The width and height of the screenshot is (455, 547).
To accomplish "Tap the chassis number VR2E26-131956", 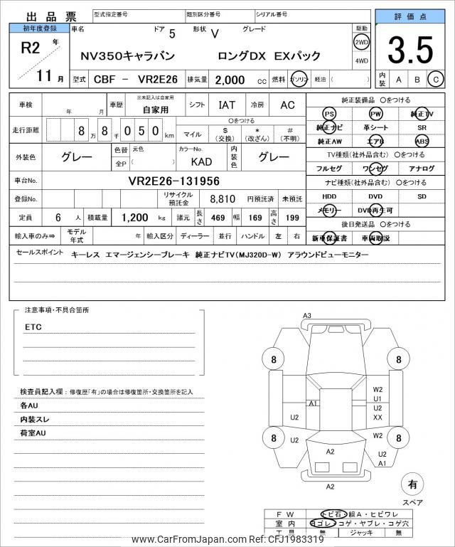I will click(x=173, y=181).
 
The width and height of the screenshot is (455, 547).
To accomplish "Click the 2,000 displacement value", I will click(x=232, y=80).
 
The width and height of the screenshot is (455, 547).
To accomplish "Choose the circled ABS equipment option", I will click(x=422, y=141).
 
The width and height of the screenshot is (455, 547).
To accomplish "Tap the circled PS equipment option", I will click(x=328, y=114).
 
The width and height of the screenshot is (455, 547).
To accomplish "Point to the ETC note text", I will click(x=33, y=327).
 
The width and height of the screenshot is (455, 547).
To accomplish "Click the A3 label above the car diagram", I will click(x=307, y=316).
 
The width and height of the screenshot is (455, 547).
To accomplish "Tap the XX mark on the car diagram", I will click(x=378, y=418).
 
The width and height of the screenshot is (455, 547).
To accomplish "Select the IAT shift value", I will click(x=227, y=105).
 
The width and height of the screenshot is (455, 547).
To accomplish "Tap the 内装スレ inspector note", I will click(x=33, y=419).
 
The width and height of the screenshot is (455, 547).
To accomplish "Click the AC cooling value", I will click(x=287, y=105).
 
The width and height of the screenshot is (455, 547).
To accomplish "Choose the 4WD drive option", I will click(x=361, y=61).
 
